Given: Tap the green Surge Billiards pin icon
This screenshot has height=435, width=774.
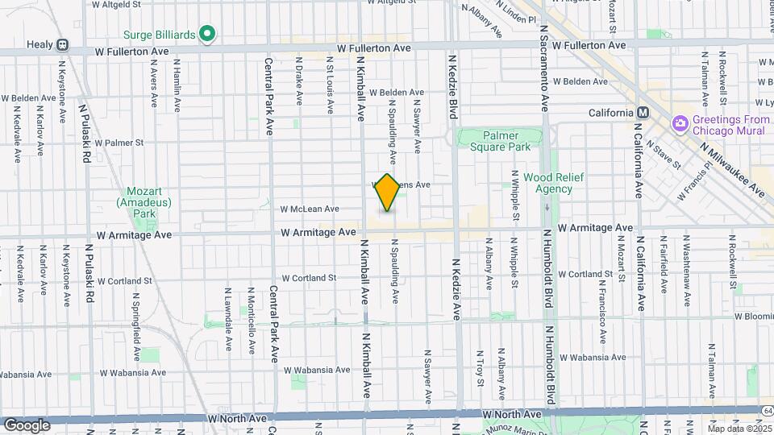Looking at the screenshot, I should [207, 34].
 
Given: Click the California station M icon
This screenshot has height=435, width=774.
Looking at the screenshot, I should [643, 113].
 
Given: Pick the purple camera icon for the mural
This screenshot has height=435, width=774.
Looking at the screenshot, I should [680, 122].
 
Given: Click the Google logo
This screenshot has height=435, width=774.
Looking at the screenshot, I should [27, 425].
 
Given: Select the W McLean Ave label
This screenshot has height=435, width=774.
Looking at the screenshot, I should [309, 209].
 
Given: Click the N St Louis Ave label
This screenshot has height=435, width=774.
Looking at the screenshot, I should [330, 85].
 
